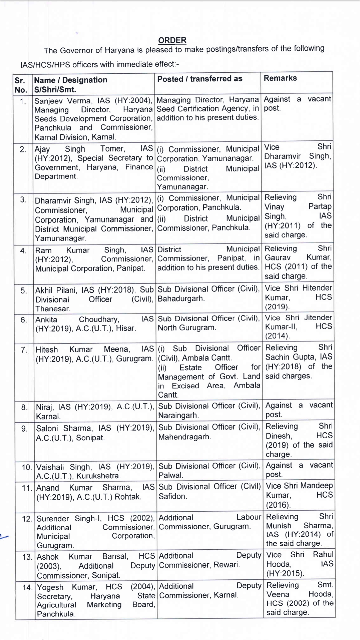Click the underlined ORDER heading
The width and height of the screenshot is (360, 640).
[x=172, y=40]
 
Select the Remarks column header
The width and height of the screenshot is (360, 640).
[x=280, y=78]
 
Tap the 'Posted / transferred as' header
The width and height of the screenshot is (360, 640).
[x=200, y=79]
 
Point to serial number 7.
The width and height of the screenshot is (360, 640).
[x=24, y=350]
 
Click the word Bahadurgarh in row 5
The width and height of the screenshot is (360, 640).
[x=181, y=299]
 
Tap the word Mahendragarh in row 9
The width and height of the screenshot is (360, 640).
[x=184, y=437]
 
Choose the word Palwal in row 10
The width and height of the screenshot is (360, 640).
[x=171, y=475]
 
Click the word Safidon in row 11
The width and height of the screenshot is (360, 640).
[x=173, y=496]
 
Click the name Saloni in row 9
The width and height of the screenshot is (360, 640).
[x=47, y=428]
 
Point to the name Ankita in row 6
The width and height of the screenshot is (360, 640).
[x=46, y=320]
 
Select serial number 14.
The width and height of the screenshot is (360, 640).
[x=27, y=587]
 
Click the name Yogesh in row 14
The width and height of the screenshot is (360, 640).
[x=50, y=587]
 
